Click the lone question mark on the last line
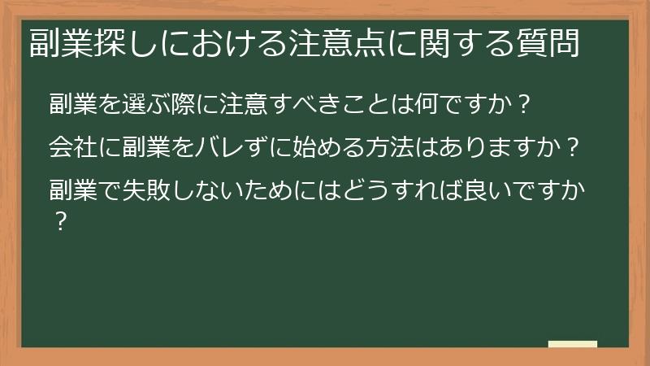pos(58,220)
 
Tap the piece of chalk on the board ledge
pos(572,343)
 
